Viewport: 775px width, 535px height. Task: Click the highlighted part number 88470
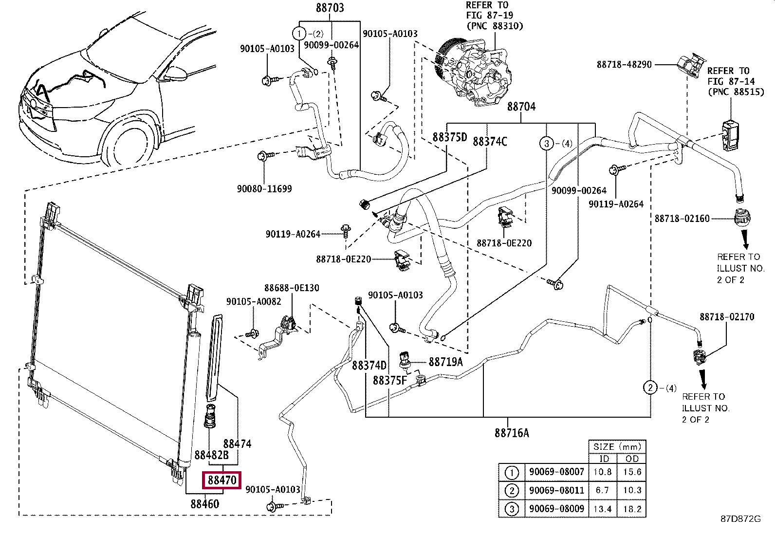222,480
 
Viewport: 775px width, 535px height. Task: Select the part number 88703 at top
330,8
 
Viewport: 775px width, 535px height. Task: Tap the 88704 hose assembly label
521,107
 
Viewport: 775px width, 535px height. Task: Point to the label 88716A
512,433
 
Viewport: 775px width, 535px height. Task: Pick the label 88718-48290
624,64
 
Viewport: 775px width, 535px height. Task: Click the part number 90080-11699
264,188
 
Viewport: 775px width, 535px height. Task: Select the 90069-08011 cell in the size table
557,490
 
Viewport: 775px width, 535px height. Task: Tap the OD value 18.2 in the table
632,509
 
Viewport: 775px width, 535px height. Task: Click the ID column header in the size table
604,459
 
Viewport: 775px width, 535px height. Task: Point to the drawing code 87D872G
740,519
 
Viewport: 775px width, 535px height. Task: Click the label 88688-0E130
292,288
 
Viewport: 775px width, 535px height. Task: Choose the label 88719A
445,362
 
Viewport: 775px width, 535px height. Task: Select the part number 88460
205,504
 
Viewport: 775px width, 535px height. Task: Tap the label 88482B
211,455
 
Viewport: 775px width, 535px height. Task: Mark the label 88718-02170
727,317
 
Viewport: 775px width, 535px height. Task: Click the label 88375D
450,137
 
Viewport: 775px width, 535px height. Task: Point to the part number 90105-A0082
254,301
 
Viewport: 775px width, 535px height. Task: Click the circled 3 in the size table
512,509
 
